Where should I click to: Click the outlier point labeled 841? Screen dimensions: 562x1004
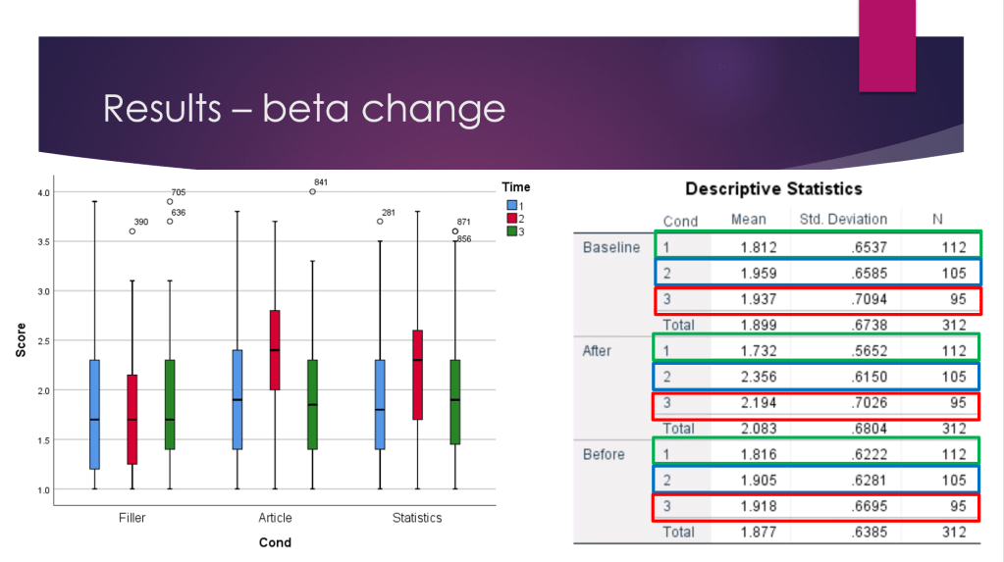point(312,191)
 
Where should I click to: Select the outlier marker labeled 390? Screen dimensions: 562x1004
point(132,231)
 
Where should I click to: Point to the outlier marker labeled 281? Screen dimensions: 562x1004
point(380,222)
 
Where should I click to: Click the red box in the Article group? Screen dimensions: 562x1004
point(275,350)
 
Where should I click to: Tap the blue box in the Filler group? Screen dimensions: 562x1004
point(94,414)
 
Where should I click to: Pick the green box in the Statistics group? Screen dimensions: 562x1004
point(455,402)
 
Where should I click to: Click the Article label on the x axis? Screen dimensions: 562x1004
point(275,518)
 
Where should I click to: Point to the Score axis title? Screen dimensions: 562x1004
point(21,339)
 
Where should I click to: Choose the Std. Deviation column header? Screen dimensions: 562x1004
point(842,220)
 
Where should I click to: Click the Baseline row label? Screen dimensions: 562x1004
point(611,247)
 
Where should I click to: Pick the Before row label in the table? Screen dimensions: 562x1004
point(604,455)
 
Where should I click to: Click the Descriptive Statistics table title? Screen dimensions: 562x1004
point(773,188)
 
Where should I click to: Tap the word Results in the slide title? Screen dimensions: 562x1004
point(163,108)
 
